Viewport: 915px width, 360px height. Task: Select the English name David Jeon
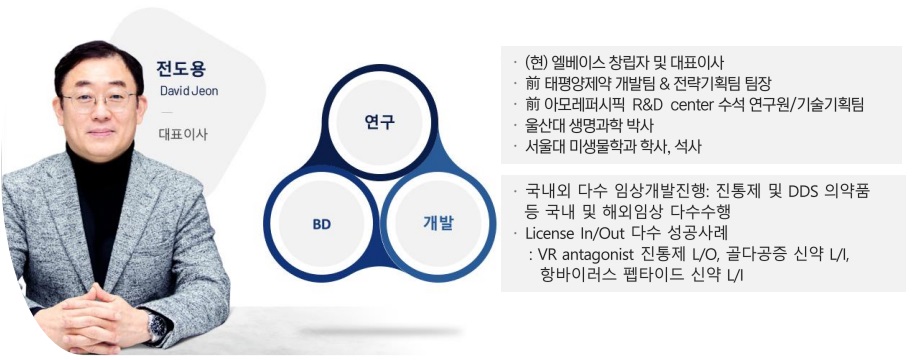(x=188, y=92)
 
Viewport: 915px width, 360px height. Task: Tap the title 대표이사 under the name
(x=183, y=135)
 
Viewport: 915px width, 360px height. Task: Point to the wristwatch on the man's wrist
(x=156, y=326)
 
